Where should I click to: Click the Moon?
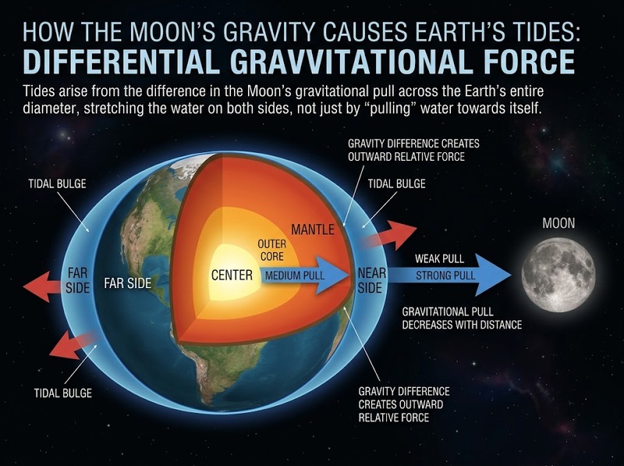558,275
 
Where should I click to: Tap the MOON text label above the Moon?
558,223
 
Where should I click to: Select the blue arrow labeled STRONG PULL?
449,276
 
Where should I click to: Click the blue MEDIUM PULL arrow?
305,276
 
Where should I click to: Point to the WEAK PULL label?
439,259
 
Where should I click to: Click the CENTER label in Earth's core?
232,276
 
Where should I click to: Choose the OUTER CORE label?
272,250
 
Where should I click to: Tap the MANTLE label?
313,229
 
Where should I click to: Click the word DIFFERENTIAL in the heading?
122,62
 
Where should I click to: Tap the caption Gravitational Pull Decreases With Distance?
462,318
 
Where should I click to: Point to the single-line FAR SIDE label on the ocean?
128,283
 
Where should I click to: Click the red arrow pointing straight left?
44,286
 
